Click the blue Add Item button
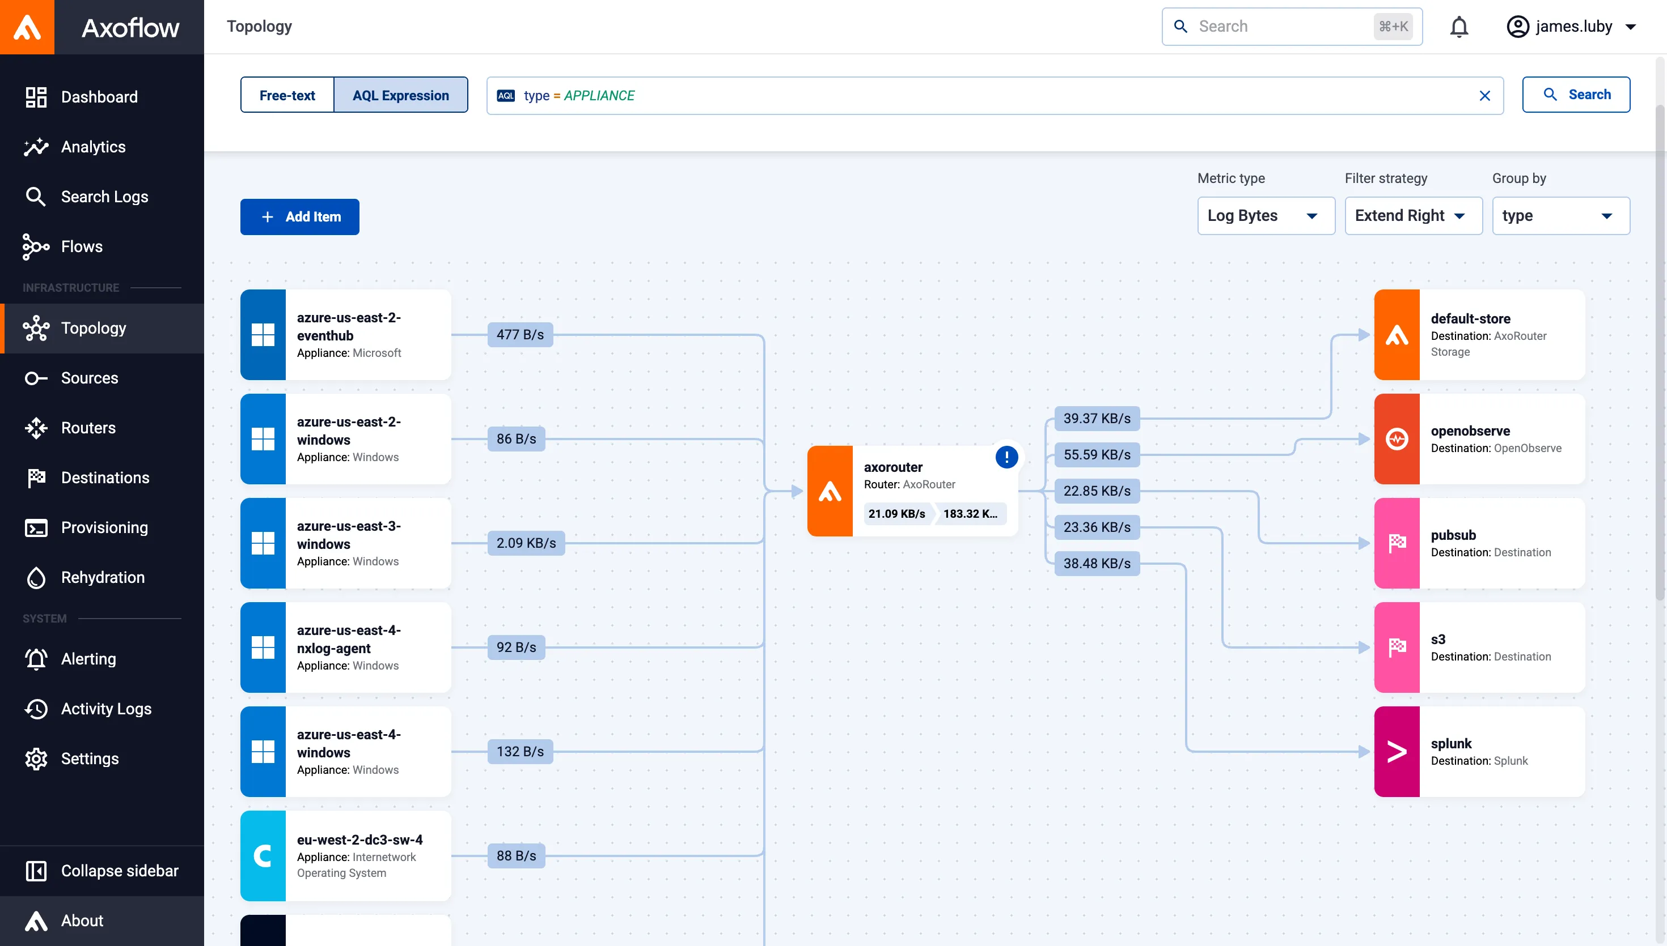click(x=300, y=217)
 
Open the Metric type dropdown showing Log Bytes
click(x=1266, y=216)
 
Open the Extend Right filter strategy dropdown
click(x=1414, y=216)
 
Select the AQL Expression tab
click(x=400, y=95)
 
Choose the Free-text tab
click(x=287, y=95)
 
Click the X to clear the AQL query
click(x=1485, y=96)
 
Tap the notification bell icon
click(x=1459, y=27)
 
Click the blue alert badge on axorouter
click(x=1006, y=457)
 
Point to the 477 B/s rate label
click(x=520, y=335)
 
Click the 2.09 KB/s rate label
click(x=526, y=543)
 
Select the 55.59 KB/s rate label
click(x=1097, y=455)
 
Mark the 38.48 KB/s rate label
click(x=1097, y=563)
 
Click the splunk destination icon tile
click(x=1397, y=752)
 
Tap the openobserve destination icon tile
click(x=1397, y=439)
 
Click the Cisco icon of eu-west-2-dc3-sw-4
click(x=263, y=856)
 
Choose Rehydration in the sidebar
click(x=102, y=578)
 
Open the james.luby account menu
click(x=1571, y=27)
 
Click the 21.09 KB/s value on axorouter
click(x=896, y=514)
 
